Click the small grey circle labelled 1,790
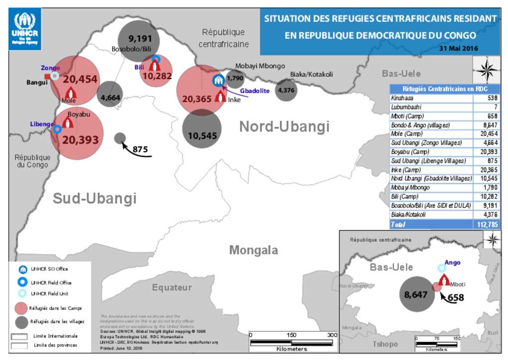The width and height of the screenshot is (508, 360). pyautogui.click(x=235, y=78)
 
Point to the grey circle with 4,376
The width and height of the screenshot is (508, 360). pyautogui.click(x=286, y=90)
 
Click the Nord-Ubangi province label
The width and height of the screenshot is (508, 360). pyautogui.click(x=284, y=127)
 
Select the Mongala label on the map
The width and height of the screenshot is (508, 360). pyautogui.click(x=253, y=250)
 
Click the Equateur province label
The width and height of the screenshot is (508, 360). pyautogui.click(x=172, y=288)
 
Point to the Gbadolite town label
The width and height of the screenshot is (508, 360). pyautogui.click(x=254, y=91)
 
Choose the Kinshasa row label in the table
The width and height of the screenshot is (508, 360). pyautogui.click(x=402, y=98)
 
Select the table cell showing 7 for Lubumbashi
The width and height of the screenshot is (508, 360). pyautogui.click(x=486, y=107)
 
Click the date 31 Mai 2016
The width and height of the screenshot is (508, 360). pyautogui.click(x=462, y=49)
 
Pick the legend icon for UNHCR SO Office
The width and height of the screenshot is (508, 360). pyautogui.click(x=22, y=270)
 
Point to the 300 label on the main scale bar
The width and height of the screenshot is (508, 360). pyautogui.click(x=331, y=335)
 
